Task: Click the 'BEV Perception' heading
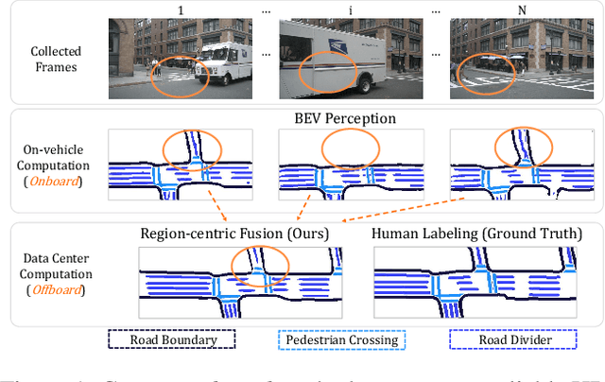(x=344, y=120)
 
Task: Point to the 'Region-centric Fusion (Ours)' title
(x=234, y=234)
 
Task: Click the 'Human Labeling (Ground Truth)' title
(x=475, y=234)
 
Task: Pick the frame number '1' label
(x=180, y=9)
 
